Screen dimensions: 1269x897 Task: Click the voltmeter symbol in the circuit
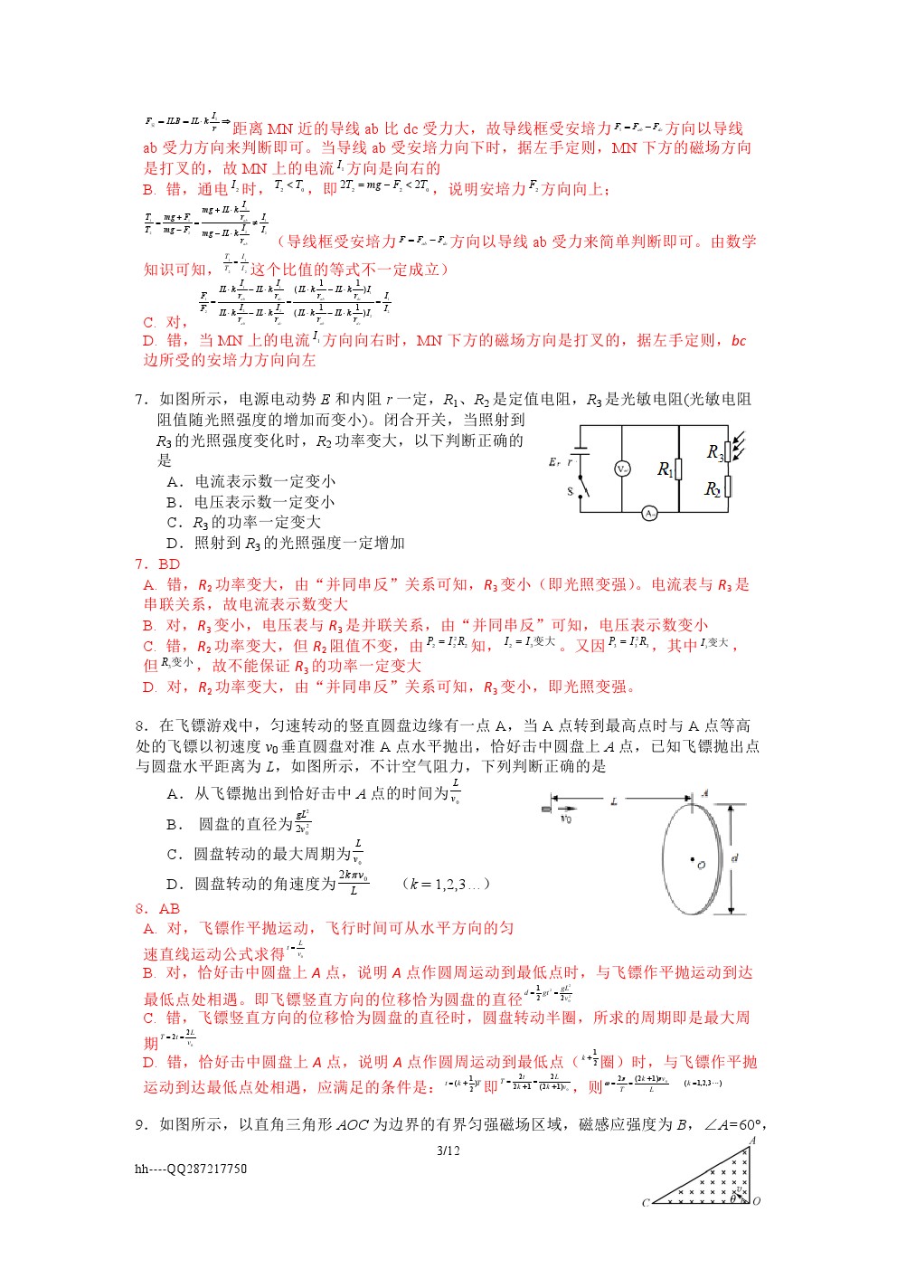(622, 469)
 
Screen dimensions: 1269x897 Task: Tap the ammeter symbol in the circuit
(649, 513)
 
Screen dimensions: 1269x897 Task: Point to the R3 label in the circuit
(714, 451)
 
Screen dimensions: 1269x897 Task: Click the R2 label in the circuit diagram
(713, 489)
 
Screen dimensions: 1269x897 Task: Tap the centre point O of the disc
(693, 860)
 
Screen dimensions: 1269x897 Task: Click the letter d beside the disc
(734, 857)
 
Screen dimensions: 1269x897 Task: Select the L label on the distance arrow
(614, 801)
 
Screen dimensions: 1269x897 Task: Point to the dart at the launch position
(546, 808)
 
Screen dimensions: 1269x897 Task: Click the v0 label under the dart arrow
(565, 819)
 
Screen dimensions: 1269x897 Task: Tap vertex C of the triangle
(646, 1203)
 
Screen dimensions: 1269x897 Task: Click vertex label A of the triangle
(752, 1141)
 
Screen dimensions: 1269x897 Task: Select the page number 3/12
(448, 1151)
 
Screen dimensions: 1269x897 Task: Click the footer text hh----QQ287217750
(191, 1169)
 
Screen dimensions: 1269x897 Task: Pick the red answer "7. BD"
(157, 563)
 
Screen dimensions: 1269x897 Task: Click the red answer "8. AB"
(157, 908)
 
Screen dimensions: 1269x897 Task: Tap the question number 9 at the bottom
(141, 1124)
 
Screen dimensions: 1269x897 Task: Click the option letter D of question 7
(174, 543)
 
